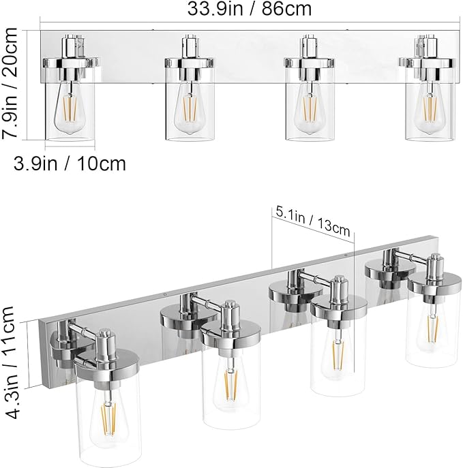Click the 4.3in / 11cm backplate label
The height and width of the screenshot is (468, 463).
[10, 364]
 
